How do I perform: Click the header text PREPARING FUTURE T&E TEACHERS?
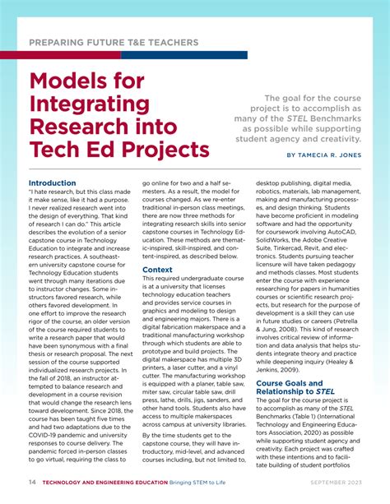(114, 41)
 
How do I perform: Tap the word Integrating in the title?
(91, 105)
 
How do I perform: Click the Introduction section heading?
(52, 183)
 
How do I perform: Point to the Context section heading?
(157, 270)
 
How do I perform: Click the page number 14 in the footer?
(30, 482)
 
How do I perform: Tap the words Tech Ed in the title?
(67, 150)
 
